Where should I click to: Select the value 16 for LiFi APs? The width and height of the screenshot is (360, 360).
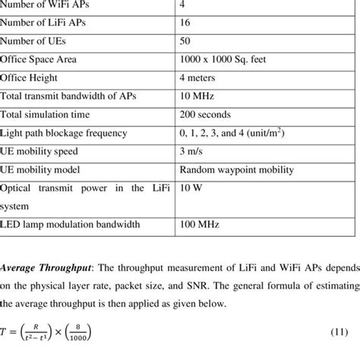coord(185,23)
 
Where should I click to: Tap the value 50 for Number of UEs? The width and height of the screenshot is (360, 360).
coord(185,41)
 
